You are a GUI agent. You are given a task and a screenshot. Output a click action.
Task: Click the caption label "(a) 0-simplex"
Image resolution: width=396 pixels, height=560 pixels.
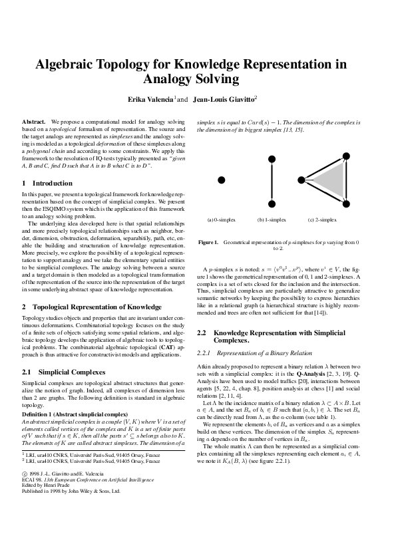[221, 219]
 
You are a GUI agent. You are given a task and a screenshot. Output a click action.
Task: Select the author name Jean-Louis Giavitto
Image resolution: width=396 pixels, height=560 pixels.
[223, 99]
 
